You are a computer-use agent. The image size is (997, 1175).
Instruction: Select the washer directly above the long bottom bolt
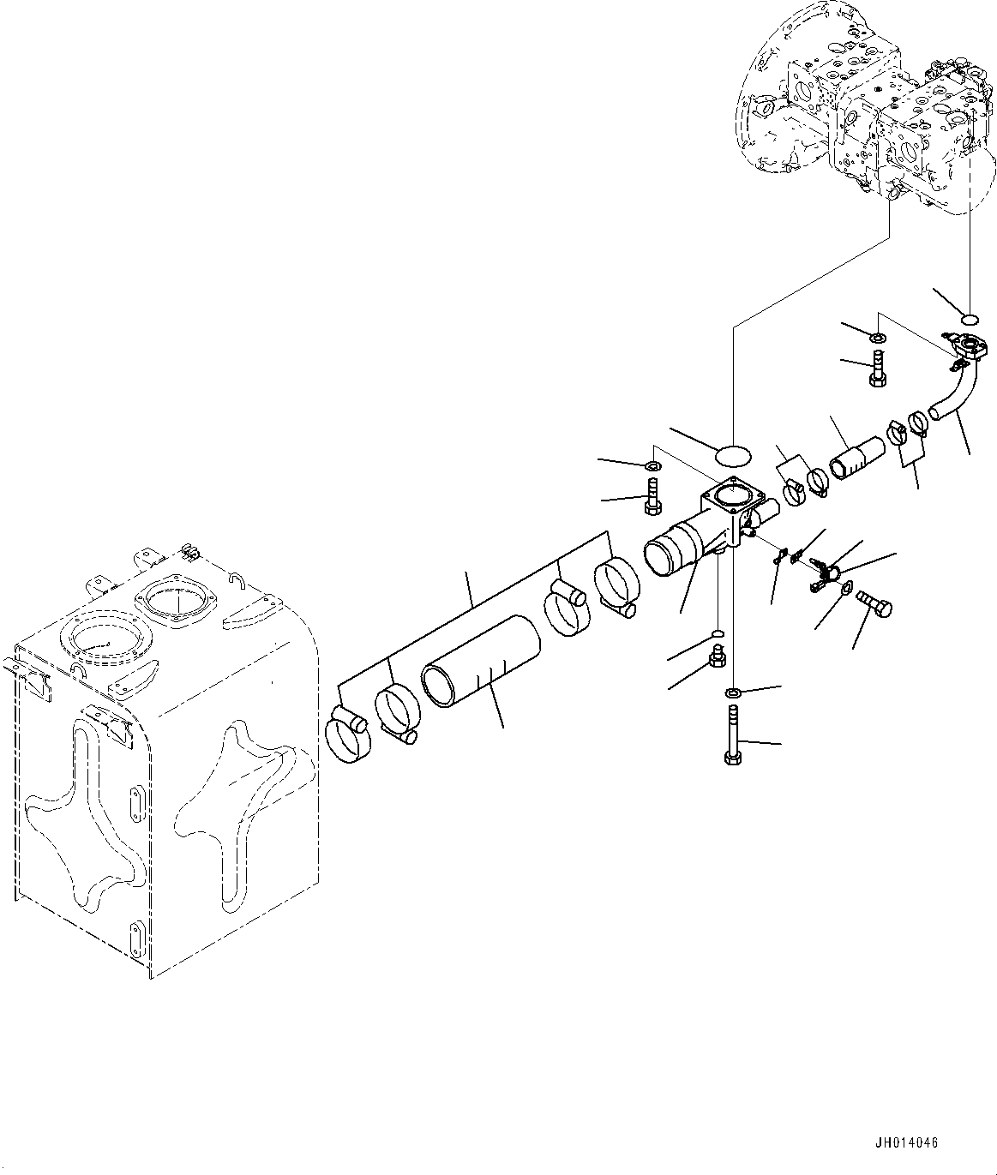tap(733, 692)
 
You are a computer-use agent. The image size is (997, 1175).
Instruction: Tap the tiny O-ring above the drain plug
tap(718, 634)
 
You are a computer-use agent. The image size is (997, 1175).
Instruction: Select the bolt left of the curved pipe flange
tap(877, 369)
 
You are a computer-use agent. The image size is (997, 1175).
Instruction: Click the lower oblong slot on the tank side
tap(135, 937)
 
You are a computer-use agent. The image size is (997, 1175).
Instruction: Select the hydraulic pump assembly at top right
tap(866, 116)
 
